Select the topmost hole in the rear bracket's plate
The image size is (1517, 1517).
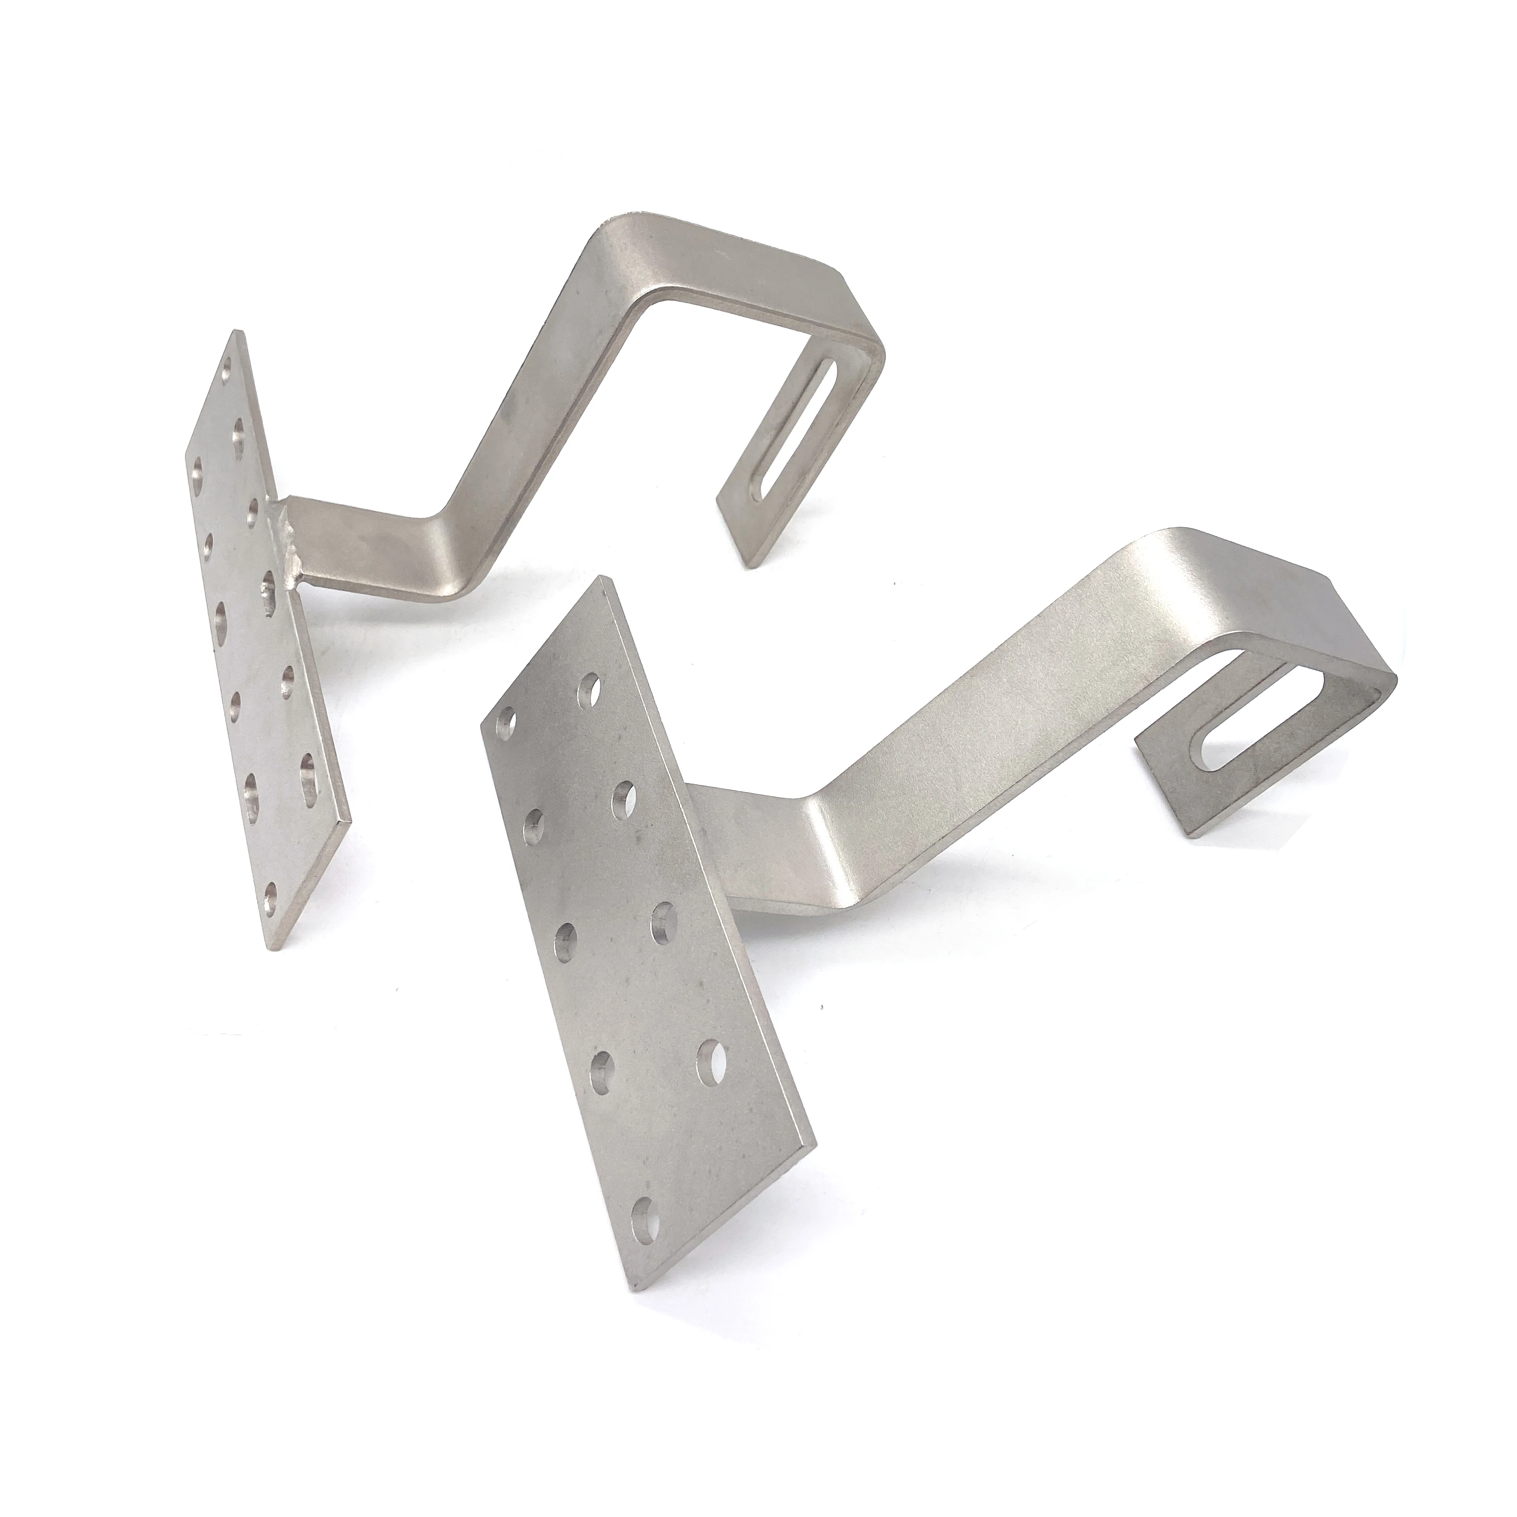[x=228, y=366]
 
